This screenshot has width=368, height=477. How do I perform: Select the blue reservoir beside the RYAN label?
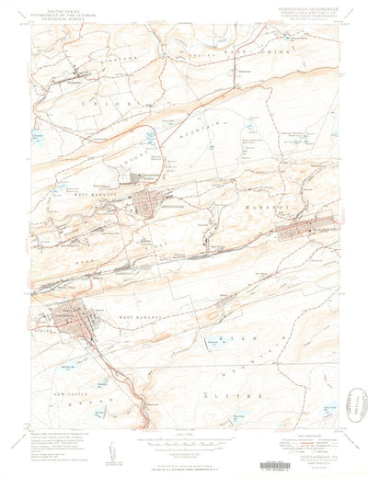click(x=213, y=343)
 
